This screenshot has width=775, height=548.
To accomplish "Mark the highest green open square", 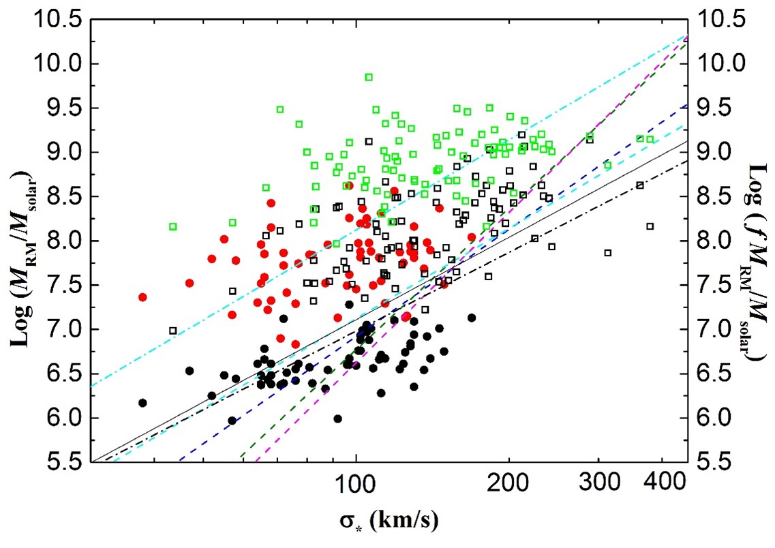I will pos(369,77).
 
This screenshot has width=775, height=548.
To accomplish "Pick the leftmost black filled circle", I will pos(142,403).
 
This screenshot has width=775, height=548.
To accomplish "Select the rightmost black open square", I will pos(650,226).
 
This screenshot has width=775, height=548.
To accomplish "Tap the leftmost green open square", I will pos(173,226).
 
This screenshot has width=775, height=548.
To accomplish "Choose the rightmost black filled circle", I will pos(471,318).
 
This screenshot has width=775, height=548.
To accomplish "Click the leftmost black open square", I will pos(173,331).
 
